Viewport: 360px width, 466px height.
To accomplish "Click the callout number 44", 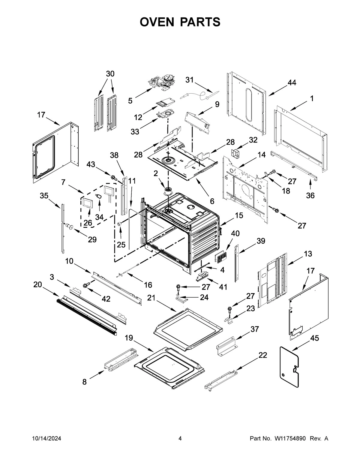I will (292, 83).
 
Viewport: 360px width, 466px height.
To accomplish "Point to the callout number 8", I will (84, 382).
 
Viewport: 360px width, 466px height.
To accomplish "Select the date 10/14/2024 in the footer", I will (46, 439).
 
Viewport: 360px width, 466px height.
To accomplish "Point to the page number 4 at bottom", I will (180, 439).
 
